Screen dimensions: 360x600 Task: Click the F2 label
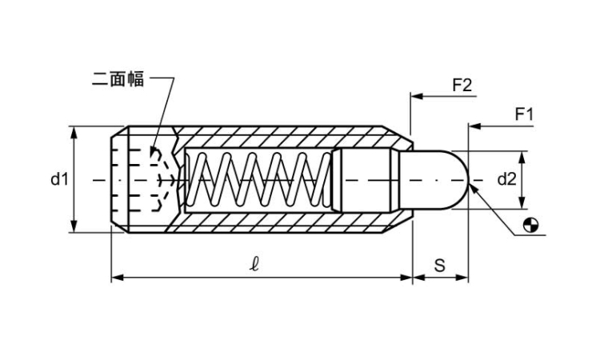point(462,85)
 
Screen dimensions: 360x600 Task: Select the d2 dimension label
point(506,179)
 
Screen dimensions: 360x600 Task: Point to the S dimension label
point(439,266)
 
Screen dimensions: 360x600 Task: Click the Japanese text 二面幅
point(118,79)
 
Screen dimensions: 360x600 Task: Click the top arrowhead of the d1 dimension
point(74,130)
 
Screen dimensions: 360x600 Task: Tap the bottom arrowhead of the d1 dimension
point(74,228)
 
